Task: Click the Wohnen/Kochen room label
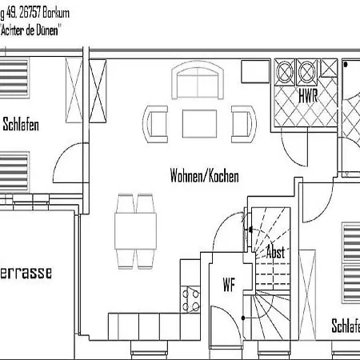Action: coord(204,175)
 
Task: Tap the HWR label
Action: coord(308,96)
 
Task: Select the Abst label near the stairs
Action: coord(275,251)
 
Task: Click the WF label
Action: coord(228,284)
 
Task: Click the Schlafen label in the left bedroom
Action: coord(21,124)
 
